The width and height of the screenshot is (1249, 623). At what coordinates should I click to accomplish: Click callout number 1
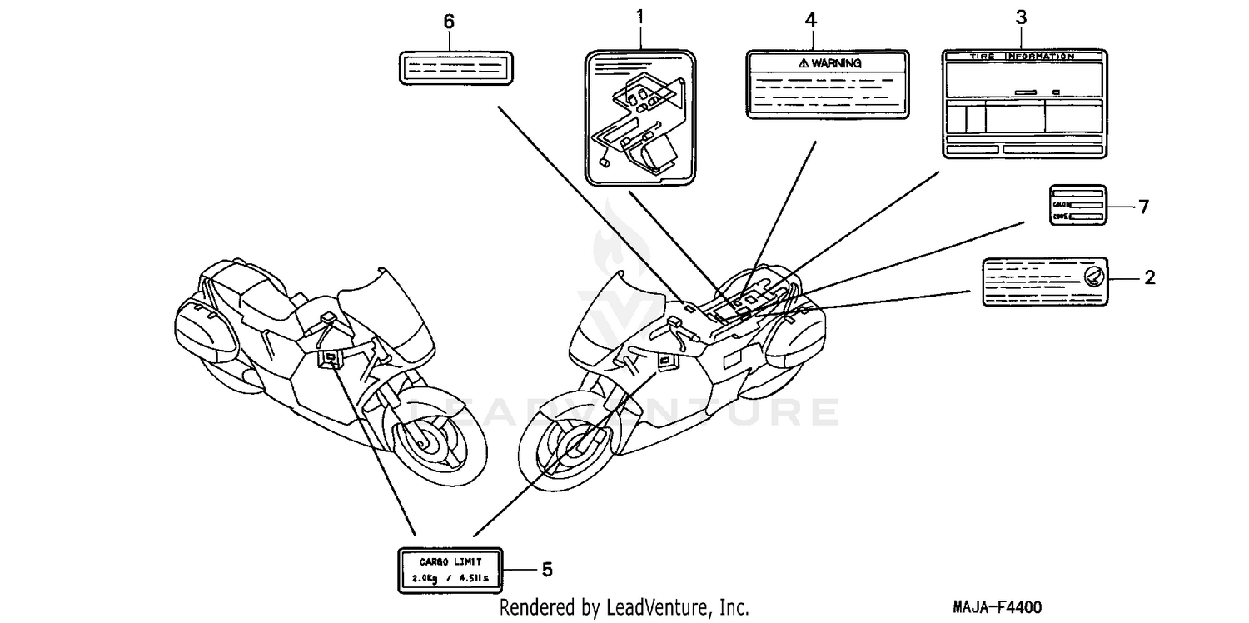[x=640, y=15]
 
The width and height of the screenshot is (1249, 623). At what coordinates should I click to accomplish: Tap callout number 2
[x=1149, y=278]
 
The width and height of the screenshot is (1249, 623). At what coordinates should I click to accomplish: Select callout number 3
[x=1021, y=16]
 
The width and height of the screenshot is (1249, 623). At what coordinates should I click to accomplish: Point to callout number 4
[x=811, y=19]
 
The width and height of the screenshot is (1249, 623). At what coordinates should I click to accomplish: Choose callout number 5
[x=546, y=570]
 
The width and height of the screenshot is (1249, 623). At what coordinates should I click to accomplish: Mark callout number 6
[x=449, y=22]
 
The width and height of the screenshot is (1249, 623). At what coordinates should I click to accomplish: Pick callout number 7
[x=1143, y=207]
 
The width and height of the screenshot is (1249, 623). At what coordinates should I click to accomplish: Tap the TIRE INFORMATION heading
[x=1023, y=57]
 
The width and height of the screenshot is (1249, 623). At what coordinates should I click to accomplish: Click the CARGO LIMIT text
[x=450, y=561]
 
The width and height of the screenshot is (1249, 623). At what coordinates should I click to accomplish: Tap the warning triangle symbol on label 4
[x=803, y=63]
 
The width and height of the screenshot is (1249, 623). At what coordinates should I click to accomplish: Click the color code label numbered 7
[x=1077, y=205]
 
